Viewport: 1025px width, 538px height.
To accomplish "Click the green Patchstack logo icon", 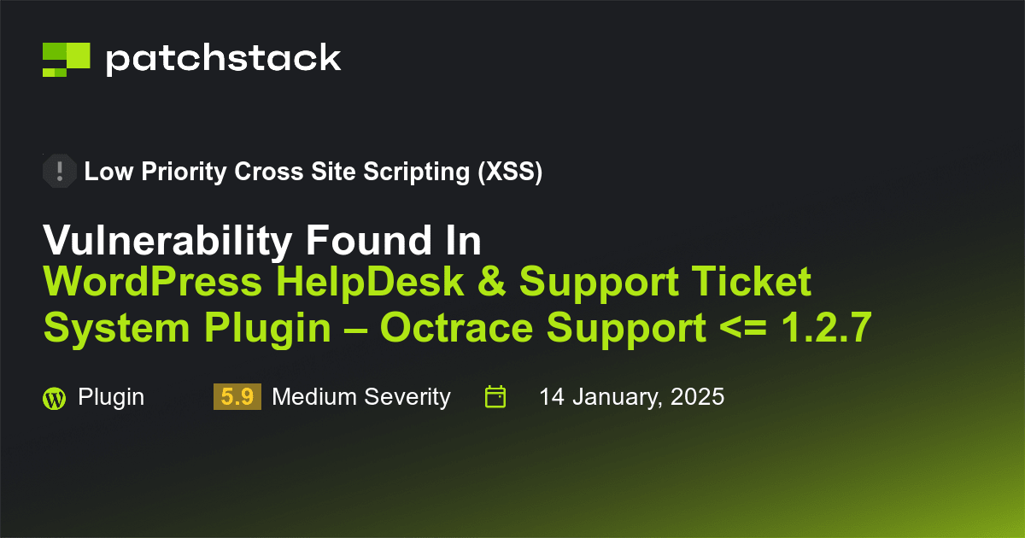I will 66,59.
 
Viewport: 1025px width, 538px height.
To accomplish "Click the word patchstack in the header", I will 223,58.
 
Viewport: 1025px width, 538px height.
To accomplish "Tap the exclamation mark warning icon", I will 59,172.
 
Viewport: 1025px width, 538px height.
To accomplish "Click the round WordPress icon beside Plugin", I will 54,398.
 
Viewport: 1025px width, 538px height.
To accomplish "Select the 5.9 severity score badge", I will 237,397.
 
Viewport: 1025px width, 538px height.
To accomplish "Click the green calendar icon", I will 495,397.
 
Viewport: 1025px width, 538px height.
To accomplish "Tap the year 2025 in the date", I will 695,397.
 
